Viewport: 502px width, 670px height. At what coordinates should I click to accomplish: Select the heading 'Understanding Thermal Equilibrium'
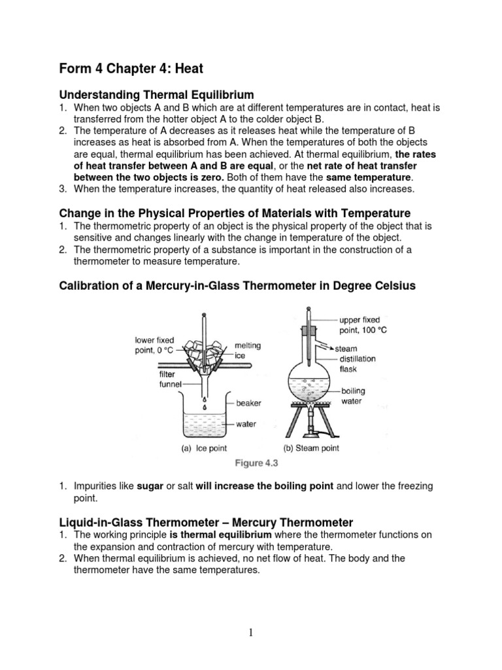coord(156,95)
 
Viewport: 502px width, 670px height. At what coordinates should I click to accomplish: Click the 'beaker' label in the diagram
coord(249,404)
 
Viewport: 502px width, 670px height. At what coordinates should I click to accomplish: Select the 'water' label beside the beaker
coord(246,424)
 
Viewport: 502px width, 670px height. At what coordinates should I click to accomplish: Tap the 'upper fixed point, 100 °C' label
coord(363,325)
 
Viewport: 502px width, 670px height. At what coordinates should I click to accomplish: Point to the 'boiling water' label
coord(353,396)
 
